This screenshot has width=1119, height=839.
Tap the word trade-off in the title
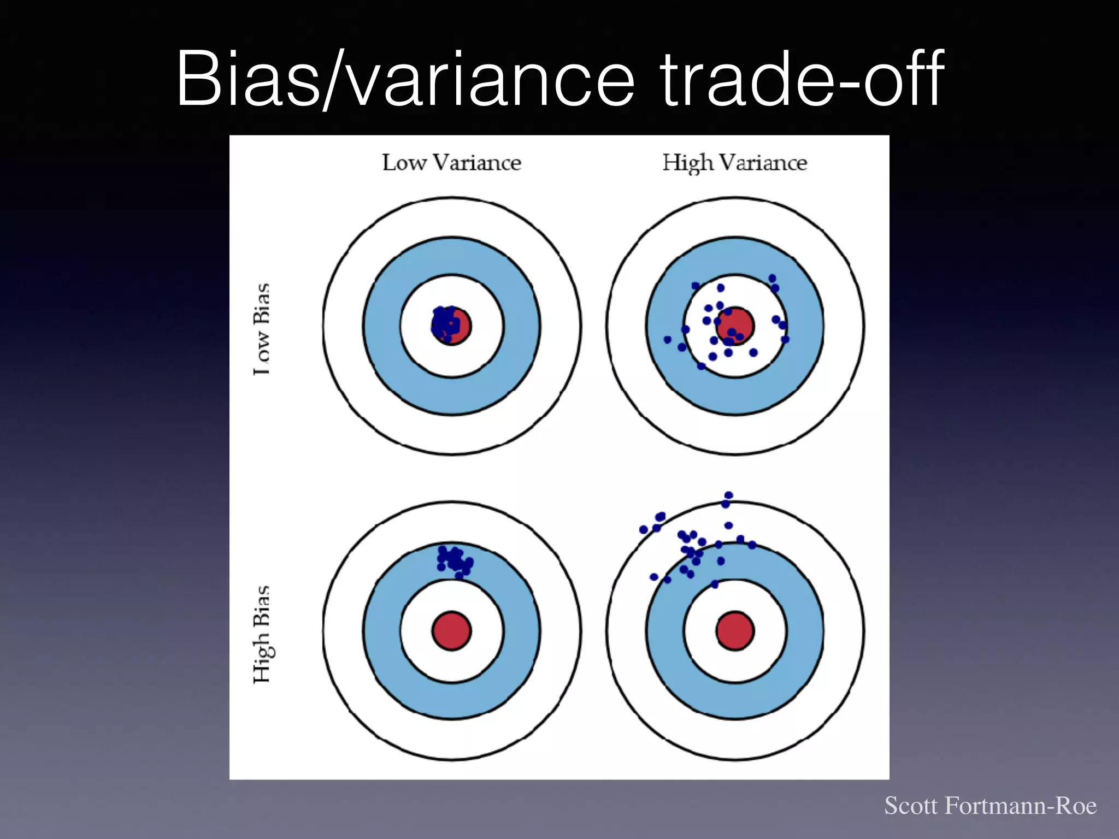pos(802,79)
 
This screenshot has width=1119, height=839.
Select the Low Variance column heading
pos(451,163)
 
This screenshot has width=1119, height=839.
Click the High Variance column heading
pos(734,163)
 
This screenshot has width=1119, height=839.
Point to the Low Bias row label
pos(262,329)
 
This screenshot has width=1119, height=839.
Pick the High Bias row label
pos(262,634)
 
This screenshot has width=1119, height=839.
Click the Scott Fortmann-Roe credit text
pos(990,806)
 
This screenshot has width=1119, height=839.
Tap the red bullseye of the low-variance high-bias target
pos(451,631)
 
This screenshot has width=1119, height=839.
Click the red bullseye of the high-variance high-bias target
pos(735,631)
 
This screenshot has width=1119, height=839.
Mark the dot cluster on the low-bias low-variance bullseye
pos(445,323)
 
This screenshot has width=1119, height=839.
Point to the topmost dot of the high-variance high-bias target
pos(728,495)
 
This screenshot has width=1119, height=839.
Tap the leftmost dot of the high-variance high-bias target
pos(644,529)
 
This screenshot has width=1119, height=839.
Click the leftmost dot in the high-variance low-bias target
pos(667,340)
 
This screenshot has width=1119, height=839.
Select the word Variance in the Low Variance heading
pos(477,163)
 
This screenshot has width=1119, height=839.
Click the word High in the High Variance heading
pos(688,163)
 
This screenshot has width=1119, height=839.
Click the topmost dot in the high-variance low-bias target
pos(772,279)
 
